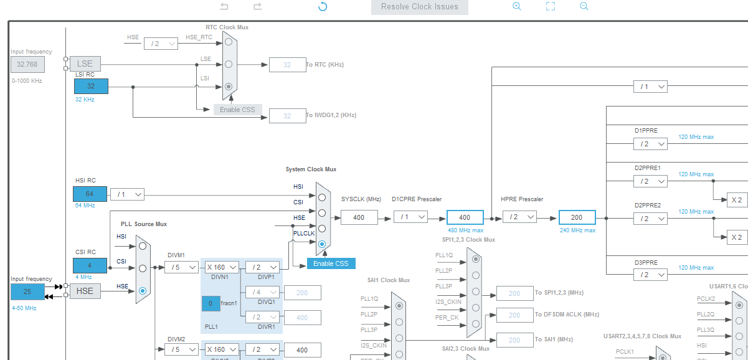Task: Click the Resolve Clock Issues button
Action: click(x=420, y=7)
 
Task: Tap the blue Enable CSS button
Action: click(x=331, y=263)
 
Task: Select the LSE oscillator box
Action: click(x=85, y=64)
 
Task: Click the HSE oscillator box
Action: click(x=85, y=291)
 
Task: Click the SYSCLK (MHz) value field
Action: click(x=359, y=217)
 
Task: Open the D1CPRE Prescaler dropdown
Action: click(x=410, y=217)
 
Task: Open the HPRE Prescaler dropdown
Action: click(x=519, y=217)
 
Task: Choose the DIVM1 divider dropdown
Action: click(x=181, y=267)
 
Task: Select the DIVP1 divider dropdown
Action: click(x=262, y=267)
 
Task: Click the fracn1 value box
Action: click(x=211, y=303)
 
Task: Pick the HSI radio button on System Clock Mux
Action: click(x=321, y=197)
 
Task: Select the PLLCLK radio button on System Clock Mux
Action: click(x=321, y=244)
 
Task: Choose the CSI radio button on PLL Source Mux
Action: click(x=143, y=268)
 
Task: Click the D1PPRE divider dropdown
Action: click(x=650, y=144)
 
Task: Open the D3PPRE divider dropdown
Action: click(x=650, y=274)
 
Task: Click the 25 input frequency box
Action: click(x=27, y=291)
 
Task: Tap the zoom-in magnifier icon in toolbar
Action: click(x=516, y=6)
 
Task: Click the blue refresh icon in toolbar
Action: click(x=323, y=7)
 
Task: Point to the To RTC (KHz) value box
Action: click(x=287, y=65)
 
